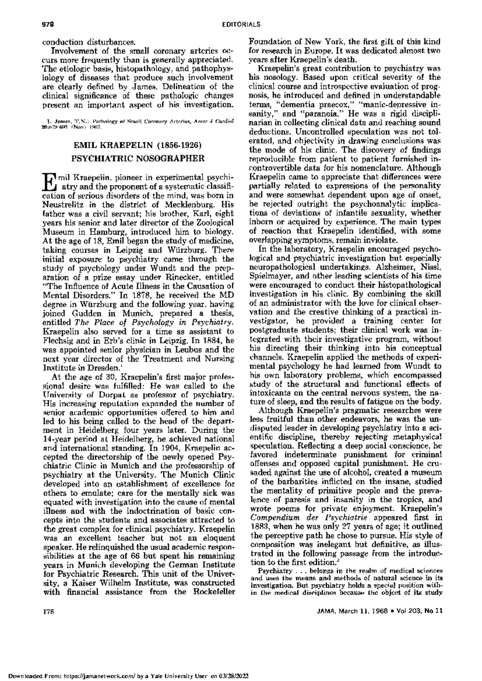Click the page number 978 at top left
(49, 24)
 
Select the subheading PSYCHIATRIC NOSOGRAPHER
(138, 157)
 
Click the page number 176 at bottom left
(49, 622)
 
